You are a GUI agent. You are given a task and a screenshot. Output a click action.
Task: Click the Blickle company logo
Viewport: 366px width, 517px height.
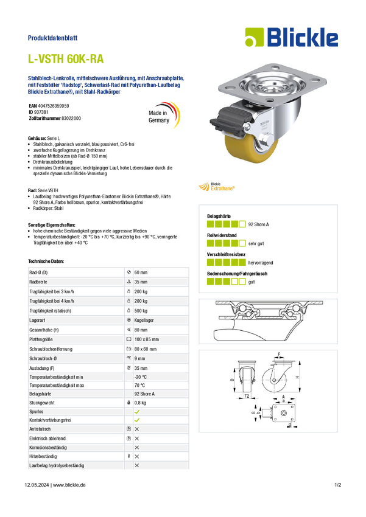tap(291, 38)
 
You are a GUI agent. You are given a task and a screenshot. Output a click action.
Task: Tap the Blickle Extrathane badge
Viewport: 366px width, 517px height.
tap(217, 186)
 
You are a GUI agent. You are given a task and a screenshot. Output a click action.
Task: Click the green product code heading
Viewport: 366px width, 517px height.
tap(66, 59)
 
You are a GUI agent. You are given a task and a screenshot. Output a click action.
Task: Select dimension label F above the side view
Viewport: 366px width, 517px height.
tap(280, 353)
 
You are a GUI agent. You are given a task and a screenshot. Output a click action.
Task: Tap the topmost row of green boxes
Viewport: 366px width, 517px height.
tap(225, 224)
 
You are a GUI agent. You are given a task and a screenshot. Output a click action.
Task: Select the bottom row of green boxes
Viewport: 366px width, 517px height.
tap(225, 281)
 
